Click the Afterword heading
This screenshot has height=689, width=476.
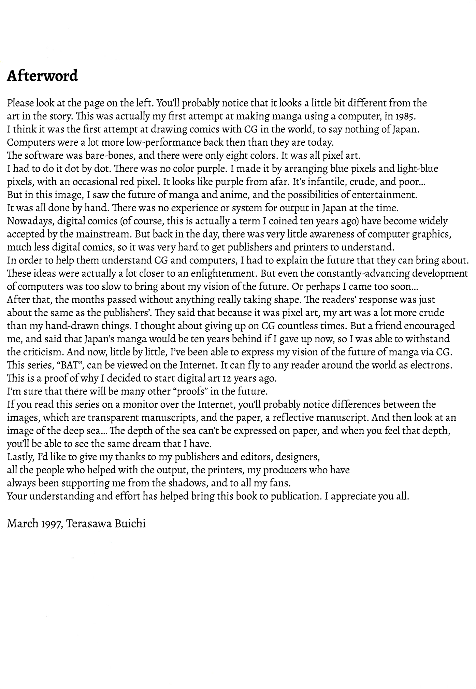(x=42, y=76)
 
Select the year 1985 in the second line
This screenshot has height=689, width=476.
(x=405, y=116)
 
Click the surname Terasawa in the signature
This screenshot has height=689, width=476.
(x=88, y=523)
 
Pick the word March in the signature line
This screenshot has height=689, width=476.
(x=23, y=523)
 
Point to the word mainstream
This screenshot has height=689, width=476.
(x=103, y=234)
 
